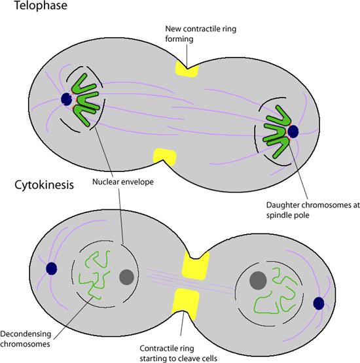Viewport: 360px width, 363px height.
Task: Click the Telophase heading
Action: (41, 5)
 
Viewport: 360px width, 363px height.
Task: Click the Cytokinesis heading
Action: (44, 185)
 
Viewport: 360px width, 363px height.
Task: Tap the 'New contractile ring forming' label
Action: (200, 34)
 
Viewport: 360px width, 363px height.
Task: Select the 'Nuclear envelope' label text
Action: (123, 182)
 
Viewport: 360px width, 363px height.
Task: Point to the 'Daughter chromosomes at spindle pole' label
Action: (313, 210)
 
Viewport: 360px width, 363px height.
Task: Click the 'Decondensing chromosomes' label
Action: (26, 339)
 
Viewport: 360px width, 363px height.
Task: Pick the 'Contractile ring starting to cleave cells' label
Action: (179, 353)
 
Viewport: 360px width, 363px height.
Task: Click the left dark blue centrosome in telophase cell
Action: (66, 99)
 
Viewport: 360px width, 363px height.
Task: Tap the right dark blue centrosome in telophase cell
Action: (293, 131)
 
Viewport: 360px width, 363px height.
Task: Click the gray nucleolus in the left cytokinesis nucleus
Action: (127, 277)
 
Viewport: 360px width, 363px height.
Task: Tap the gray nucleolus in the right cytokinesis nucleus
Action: (258, 281)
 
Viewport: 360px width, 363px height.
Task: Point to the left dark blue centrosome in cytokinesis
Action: (52, 269)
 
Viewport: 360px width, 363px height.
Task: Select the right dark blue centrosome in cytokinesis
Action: (319, 303)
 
